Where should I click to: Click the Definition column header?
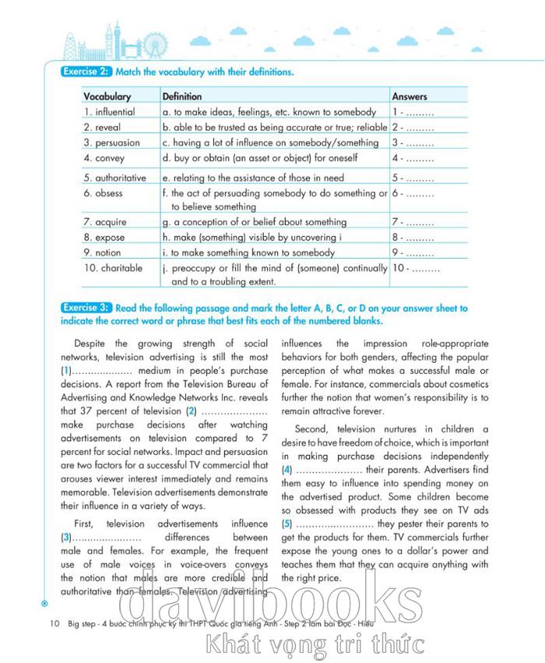tap(181, 97)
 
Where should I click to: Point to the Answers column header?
tap(410, 97)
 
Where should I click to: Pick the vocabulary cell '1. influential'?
tap(109, 112)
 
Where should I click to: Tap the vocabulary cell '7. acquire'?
tap(104, 222)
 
